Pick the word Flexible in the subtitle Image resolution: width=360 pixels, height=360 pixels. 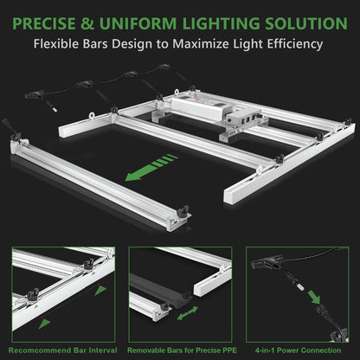pyautogui.click(x=67, y=42)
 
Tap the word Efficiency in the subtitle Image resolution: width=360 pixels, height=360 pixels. pyautogui.click(x=293, y=42)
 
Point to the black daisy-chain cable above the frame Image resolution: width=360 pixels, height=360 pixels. pyautogui.click(x=95, y=87)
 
